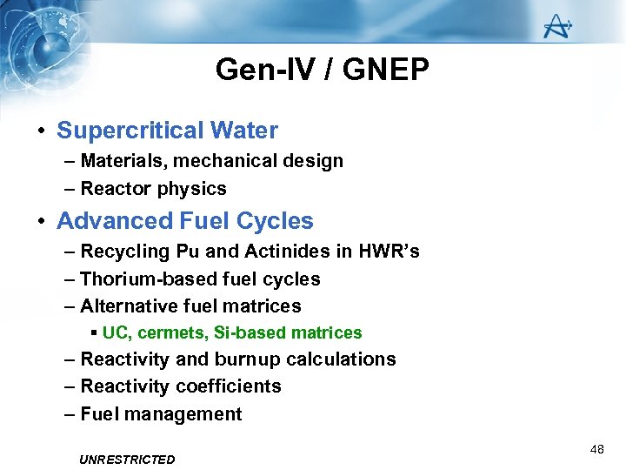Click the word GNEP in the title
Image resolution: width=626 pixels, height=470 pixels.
click(386, 70)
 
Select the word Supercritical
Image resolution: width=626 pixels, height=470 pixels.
click(129, 131)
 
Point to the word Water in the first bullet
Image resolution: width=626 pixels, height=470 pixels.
click(243, 131)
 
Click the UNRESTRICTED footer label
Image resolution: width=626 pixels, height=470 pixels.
click(127, 460)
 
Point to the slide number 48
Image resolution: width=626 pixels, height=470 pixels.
click(596, 449)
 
